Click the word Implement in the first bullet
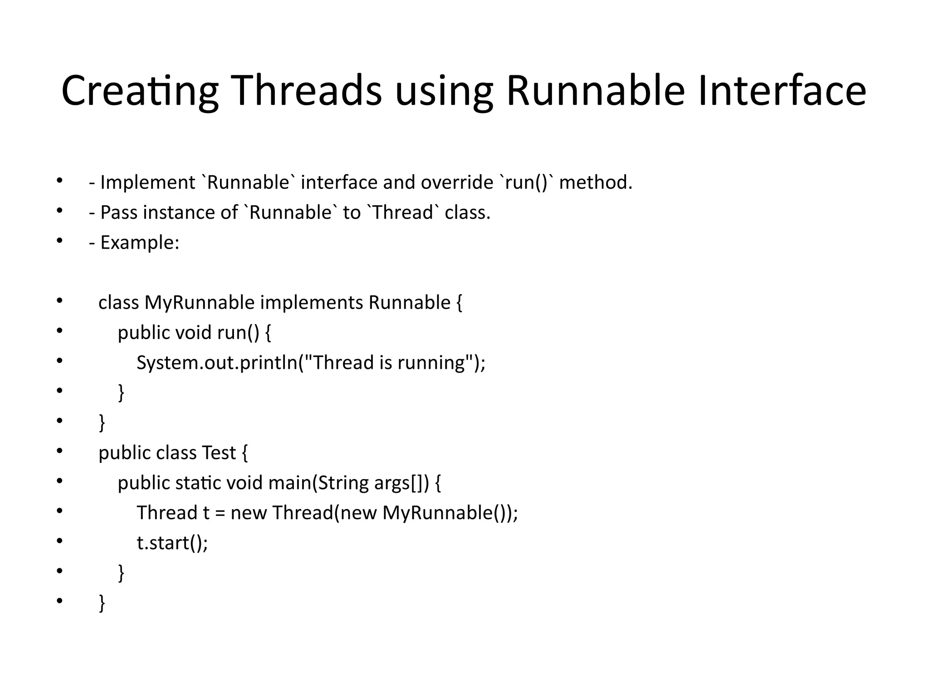tap(147, 183)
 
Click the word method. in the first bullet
tap(596, 183)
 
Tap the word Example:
tap(140, 243)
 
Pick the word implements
tap(312, 303)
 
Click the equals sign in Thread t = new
tap(220, 513)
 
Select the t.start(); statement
tap(172, 543)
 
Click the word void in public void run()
tap(193, 333)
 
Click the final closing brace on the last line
tap(102, 603)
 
